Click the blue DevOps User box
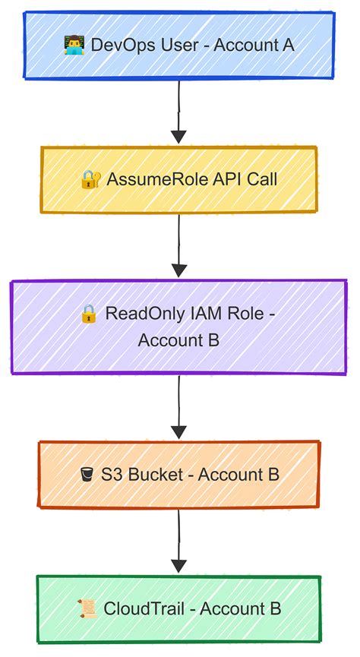pos(178,44)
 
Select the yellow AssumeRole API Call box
pos(178,180)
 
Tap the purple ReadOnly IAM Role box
pos(178,327)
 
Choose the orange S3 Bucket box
pos(178,475)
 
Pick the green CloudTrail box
pos(178,608)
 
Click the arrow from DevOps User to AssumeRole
pos(178,111)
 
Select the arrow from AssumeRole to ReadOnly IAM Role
pos(178,246)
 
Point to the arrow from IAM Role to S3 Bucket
pos(178,407)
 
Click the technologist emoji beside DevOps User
pos(74,45)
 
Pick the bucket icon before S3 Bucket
pos(87,475)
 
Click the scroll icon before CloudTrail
pos(86,609)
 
